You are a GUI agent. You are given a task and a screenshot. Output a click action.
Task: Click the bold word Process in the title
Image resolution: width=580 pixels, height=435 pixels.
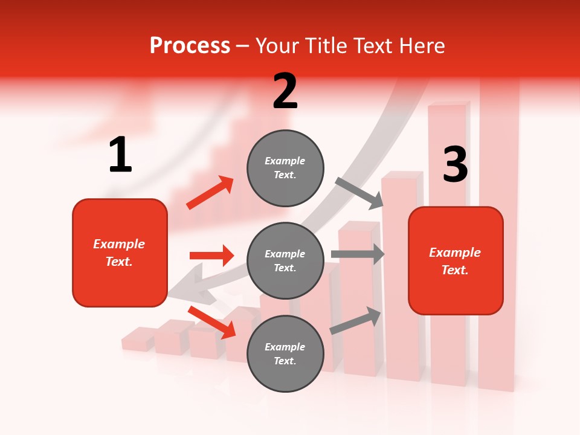tap(190, 45)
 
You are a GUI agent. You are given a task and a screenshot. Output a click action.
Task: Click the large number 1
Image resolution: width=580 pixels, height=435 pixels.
tap(120, 155)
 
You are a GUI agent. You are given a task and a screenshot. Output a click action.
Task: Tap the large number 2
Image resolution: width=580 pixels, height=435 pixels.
tap(285, 91)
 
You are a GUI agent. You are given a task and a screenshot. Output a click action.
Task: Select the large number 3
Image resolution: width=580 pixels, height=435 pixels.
tap(455, 165)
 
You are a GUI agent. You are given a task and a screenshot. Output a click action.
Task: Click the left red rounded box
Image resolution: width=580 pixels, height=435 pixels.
tap(120, 253)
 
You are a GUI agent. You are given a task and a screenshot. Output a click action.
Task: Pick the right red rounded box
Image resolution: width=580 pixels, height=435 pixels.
tap(456, 260)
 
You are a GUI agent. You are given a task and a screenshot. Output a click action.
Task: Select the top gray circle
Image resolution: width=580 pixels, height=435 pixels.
tap(285, 168)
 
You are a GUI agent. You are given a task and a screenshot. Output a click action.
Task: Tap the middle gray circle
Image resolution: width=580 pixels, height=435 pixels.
tap(285, 261)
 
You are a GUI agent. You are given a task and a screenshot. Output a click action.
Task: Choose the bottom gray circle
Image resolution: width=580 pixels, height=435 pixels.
tap(285, 354)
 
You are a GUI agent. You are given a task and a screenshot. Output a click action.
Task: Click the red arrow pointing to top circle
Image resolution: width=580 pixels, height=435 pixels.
tap(210, 192)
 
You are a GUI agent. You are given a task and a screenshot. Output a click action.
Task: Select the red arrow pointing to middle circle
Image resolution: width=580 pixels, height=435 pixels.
tap(211, 256)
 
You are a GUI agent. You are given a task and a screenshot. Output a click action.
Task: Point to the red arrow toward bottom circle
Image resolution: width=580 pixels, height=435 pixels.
tap(212, 322)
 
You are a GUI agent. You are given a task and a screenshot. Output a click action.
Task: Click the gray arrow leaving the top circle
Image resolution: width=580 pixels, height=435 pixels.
tap(360, 193)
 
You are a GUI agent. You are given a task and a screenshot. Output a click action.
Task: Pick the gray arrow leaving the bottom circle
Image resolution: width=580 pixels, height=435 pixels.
tap(356, 321)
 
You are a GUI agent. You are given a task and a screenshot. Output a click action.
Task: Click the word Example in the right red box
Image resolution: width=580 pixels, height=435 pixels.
tap(455, 253)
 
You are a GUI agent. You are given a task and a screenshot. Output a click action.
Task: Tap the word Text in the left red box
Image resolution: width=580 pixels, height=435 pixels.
tap(118, 262)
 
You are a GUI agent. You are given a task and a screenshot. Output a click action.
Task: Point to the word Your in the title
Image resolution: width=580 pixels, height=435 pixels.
tap(277, 45)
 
